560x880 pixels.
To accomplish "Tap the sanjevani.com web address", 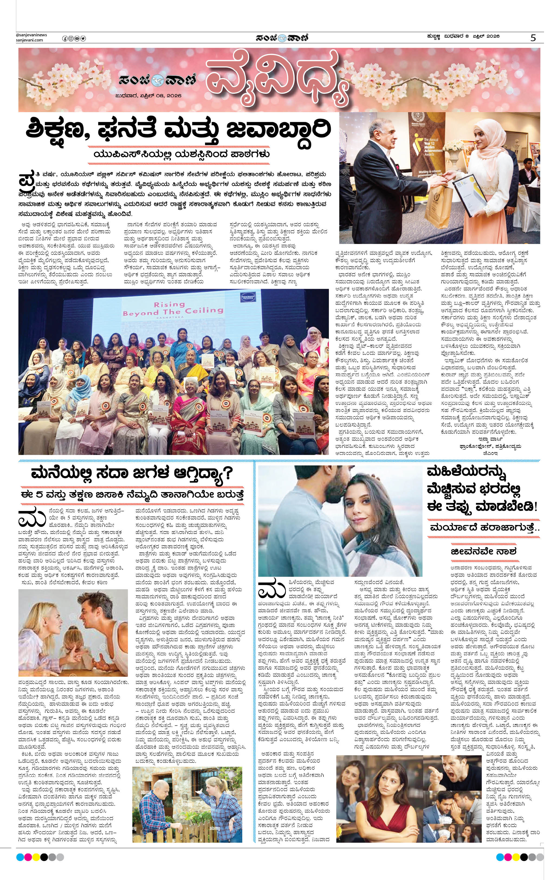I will tap(29, 40).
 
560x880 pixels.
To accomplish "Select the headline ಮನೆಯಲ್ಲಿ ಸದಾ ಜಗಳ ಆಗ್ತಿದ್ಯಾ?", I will tap(132, 473).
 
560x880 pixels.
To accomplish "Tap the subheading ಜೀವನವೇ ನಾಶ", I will tap(483, 551).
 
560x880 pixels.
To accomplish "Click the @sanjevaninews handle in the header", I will tap(31, 35).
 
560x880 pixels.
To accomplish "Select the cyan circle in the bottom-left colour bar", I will tap(20, 857).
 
